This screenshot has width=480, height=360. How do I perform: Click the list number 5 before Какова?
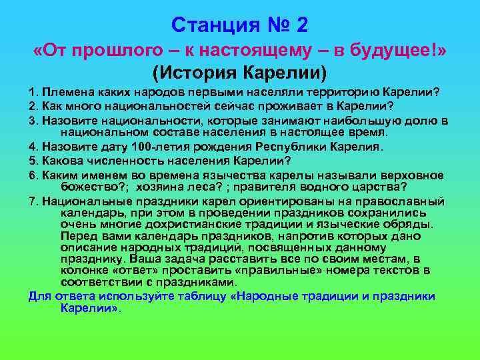click(x=32, y=160)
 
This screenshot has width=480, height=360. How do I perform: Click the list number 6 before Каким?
click(x=32, y=174)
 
